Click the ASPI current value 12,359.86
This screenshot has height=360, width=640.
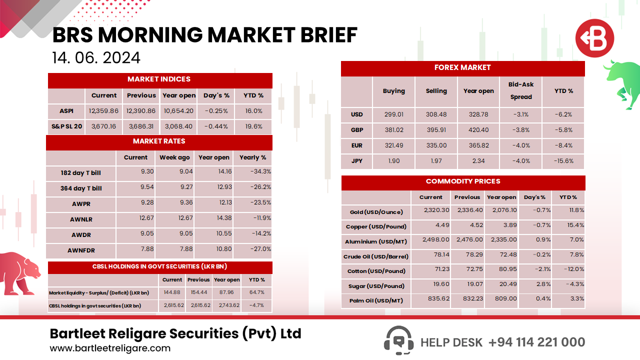[x=104, y=111]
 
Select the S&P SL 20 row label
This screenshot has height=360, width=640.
[x=66, y=126]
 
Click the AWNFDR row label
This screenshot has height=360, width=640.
[x=81, y=249]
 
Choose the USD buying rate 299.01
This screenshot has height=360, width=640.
[x=393, y=114]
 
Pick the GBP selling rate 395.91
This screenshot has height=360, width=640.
[x=436, y=130]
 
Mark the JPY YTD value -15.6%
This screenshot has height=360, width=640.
[x=563, y=161]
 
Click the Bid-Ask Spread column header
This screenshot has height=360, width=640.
[x=521, y=91]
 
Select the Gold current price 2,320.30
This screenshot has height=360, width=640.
[x=436, y=210]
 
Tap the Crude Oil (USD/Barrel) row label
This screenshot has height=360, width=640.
[x=376, y=256]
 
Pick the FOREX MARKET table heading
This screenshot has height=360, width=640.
[x=462, y=67]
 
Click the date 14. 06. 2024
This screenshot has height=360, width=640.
[x=96, y=58]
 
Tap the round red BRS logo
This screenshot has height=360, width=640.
[x=594, y=38]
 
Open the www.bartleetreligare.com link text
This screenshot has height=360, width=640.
[x=110, y=348]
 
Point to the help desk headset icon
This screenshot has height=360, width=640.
[x=398, y=341]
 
